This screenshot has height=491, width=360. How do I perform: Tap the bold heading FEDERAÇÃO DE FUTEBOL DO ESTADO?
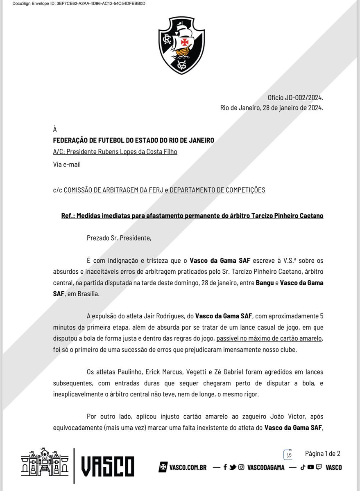134,140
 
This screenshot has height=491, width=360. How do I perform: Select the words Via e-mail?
67,164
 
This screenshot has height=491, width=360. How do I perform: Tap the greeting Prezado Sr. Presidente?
119,238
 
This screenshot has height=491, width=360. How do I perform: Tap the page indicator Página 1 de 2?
323,453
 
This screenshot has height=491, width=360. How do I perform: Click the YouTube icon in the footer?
310,467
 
